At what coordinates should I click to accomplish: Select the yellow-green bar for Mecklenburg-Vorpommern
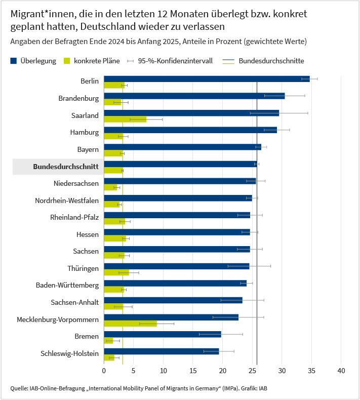click(130, 324)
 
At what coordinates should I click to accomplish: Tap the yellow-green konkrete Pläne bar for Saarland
click(125, 119)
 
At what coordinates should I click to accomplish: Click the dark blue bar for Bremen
click(162, 334)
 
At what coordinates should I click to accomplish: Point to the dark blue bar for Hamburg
click(190, 130)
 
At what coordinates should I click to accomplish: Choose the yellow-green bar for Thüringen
click(116, 272)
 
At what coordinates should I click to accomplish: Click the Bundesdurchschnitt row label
click(65, 167)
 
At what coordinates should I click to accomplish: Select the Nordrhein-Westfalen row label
click(67, 201)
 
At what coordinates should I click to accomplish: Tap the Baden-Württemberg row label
click(67, 286)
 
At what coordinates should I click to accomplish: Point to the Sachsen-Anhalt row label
click(75, 302)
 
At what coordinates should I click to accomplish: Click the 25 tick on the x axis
click(252, 371)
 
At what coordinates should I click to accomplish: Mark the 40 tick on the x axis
click(341, 371)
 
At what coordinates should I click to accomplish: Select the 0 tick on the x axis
click(104, 371)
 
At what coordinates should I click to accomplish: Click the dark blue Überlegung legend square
click(14, 61)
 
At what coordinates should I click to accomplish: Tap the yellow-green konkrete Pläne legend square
click(66, 61)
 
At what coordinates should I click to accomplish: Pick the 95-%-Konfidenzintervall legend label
click(175, 61)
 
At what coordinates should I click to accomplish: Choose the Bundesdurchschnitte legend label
click(271, 61)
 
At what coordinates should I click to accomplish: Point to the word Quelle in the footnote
click(19, 389)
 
